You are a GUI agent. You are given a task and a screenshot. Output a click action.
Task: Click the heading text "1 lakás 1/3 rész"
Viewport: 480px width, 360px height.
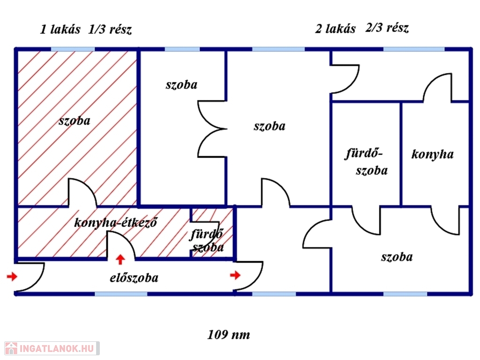(86, 30)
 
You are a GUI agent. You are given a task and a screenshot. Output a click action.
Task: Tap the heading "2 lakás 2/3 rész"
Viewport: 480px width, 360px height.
(362, 29)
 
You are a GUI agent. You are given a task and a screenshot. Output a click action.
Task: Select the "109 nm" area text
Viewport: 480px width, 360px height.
(229, 335)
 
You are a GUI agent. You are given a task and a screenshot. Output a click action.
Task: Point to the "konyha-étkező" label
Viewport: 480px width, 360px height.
(115, 222)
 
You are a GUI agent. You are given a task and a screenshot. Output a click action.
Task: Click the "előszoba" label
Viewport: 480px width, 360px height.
(134, 277)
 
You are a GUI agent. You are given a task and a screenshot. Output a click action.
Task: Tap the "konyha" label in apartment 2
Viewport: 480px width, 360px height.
(432, 154)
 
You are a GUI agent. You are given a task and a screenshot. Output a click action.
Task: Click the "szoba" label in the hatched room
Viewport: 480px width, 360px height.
(75, 120)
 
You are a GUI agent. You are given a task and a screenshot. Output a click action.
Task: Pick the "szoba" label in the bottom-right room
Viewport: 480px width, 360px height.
(397, 257)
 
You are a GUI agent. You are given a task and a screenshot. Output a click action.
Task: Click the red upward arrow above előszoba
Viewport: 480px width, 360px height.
(121, 259)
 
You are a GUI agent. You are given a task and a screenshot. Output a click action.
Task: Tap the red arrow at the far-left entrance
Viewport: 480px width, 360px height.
(11, 277)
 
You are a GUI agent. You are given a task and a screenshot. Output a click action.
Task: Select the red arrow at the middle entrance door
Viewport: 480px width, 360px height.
(235, 275)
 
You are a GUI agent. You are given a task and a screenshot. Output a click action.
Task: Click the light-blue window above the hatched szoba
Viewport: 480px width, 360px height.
(73, 49)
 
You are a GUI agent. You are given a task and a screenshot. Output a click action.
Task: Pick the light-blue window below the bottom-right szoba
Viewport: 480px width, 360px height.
(405, 294)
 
